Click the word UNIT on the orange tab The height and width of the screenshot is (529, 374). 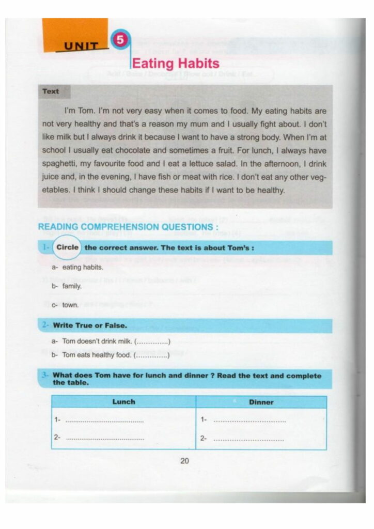(x=81, y=46)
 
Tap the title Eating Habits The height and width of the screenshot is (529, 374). (x=176, y=64)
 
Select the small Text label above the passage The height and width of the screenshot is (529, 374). (x=51, y=91)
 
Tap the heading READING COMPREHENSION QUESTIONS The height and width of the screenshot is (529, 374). (x=128, y=227)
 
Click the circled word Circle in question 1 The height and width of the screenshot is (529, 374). (x=68, y=247)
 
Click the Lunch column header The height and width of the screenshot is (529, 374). (x=123, y=402)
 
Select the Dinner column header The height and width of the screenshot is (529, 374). (x=261, y=402)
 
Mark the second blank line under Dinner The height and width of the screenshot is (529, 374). (x=249, y=440)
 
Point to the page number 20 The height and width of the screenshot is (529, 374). (x=185, y=461)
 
